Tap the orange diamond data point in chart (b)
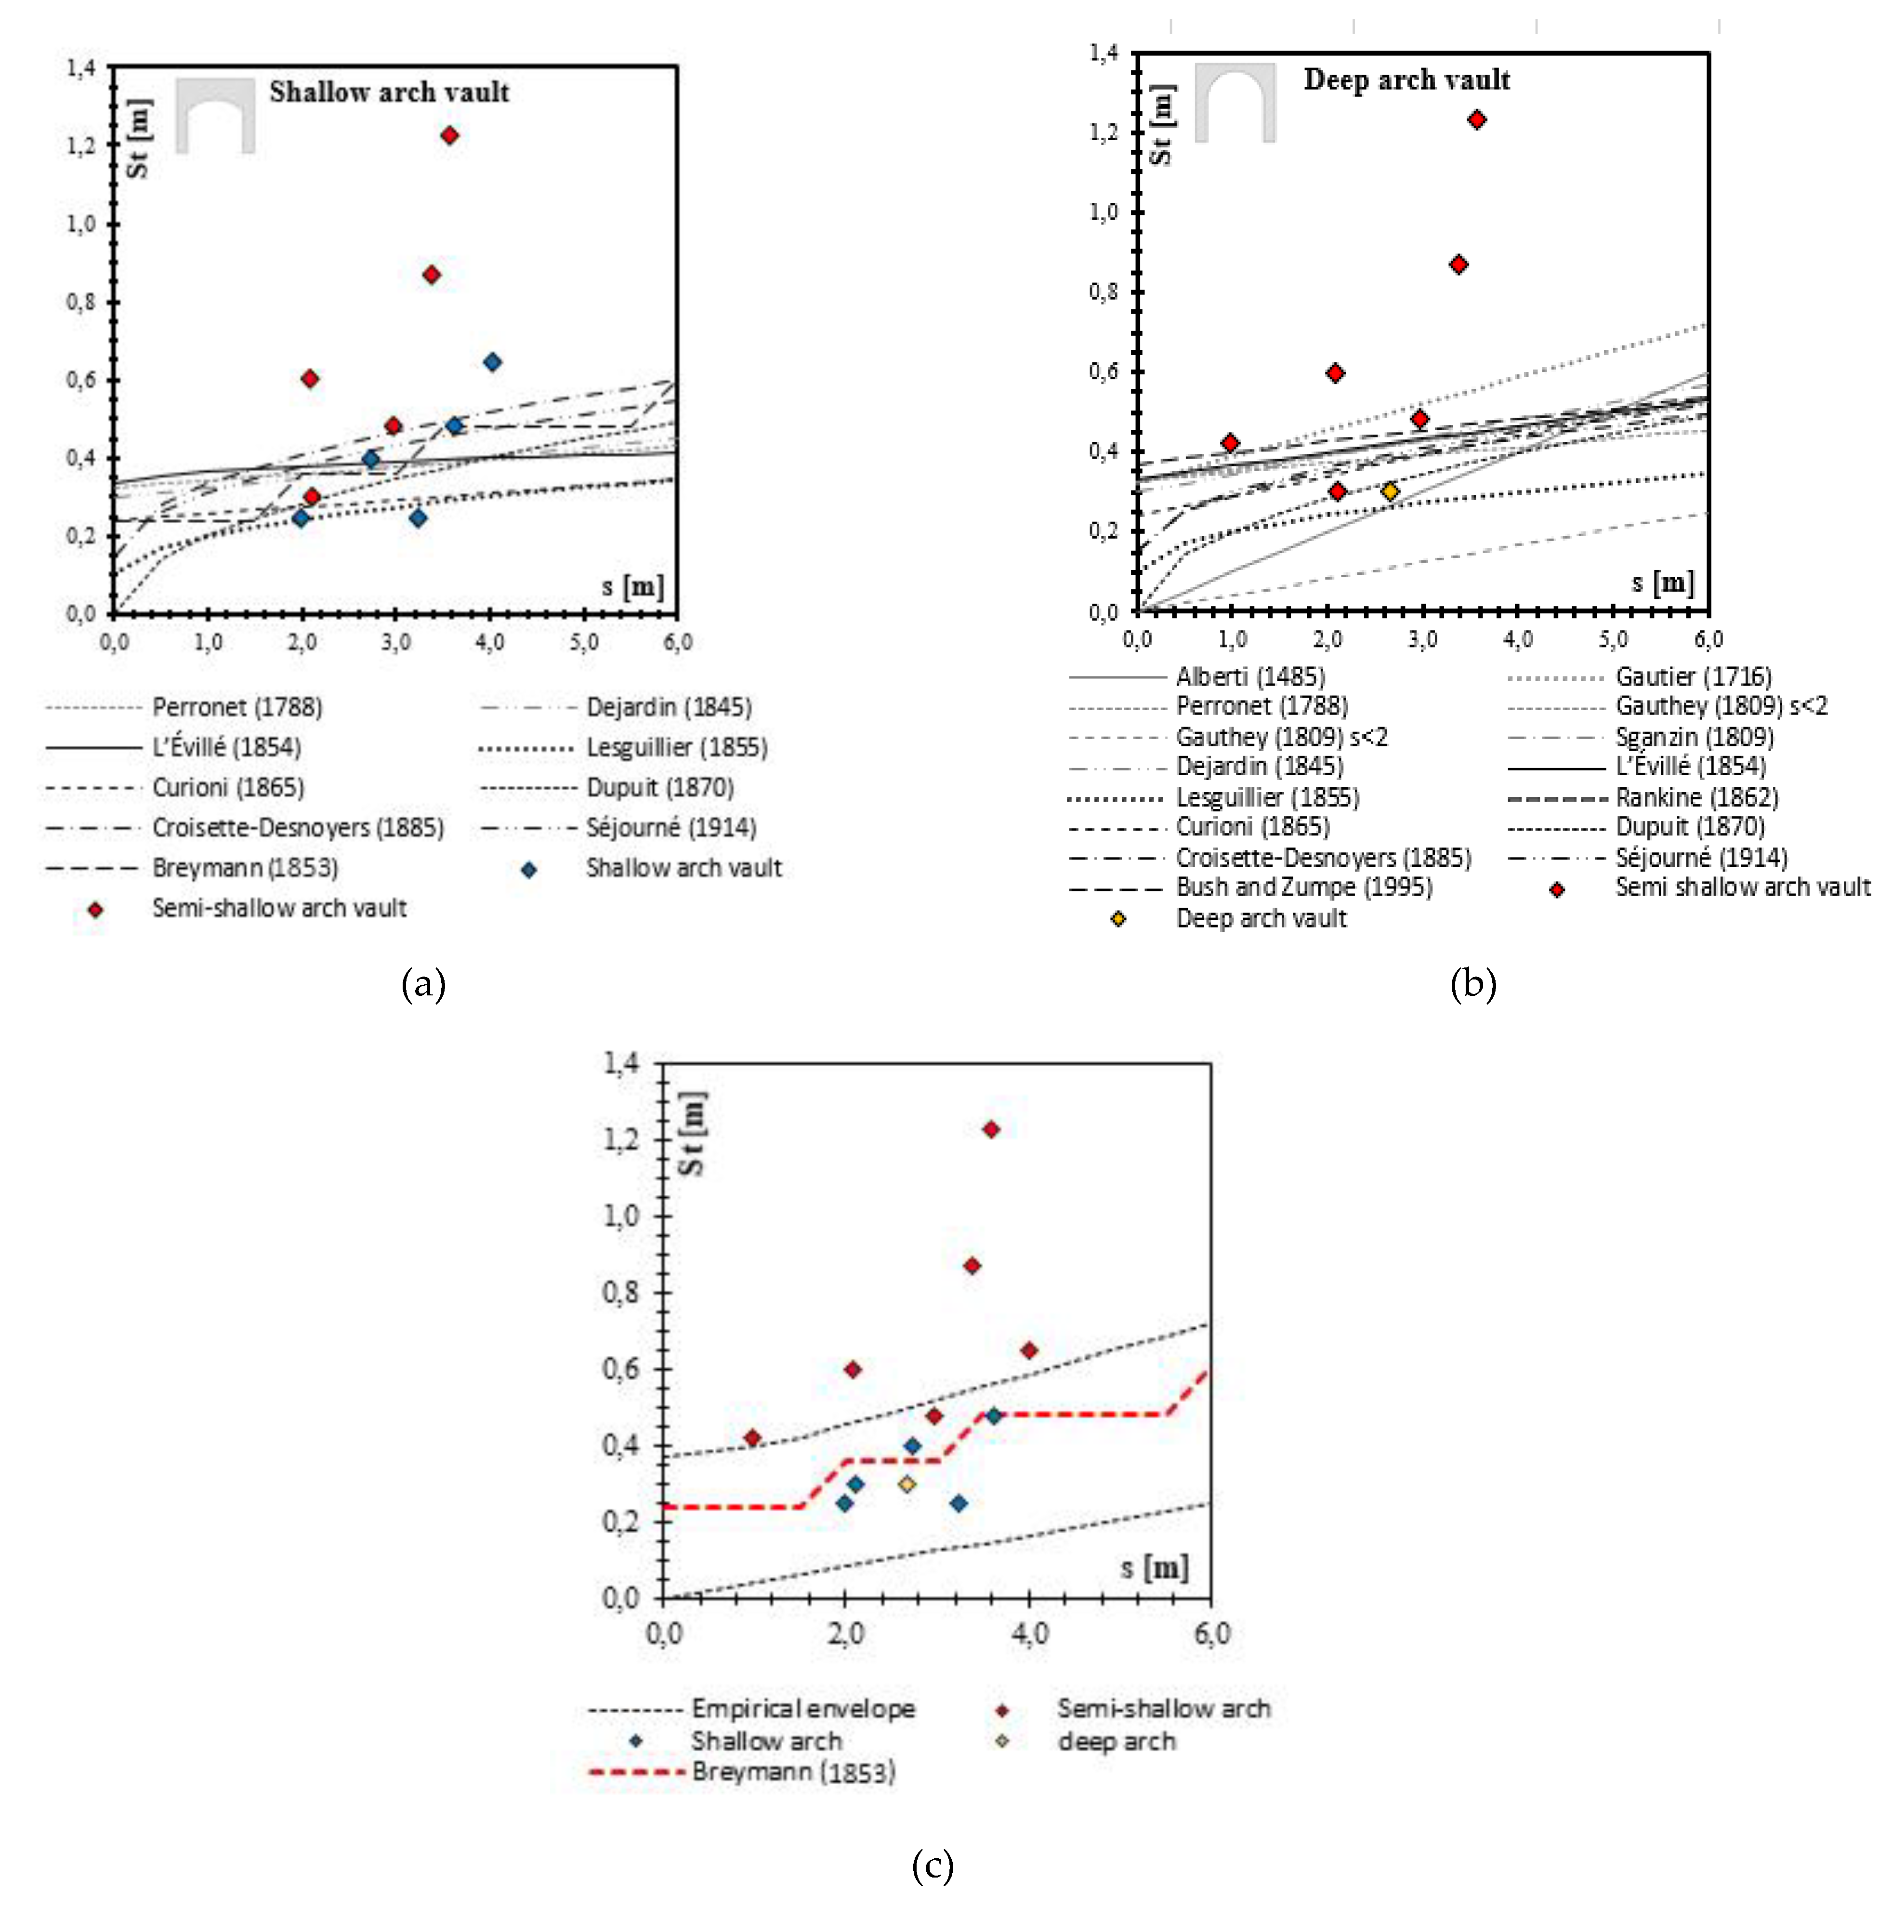coord(1390,491)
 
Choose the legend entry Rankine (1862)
coord(1696,797)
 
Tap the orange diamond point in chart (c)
coord(907,1484)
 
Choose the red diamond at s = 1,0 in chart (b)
coord(1229,443)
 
